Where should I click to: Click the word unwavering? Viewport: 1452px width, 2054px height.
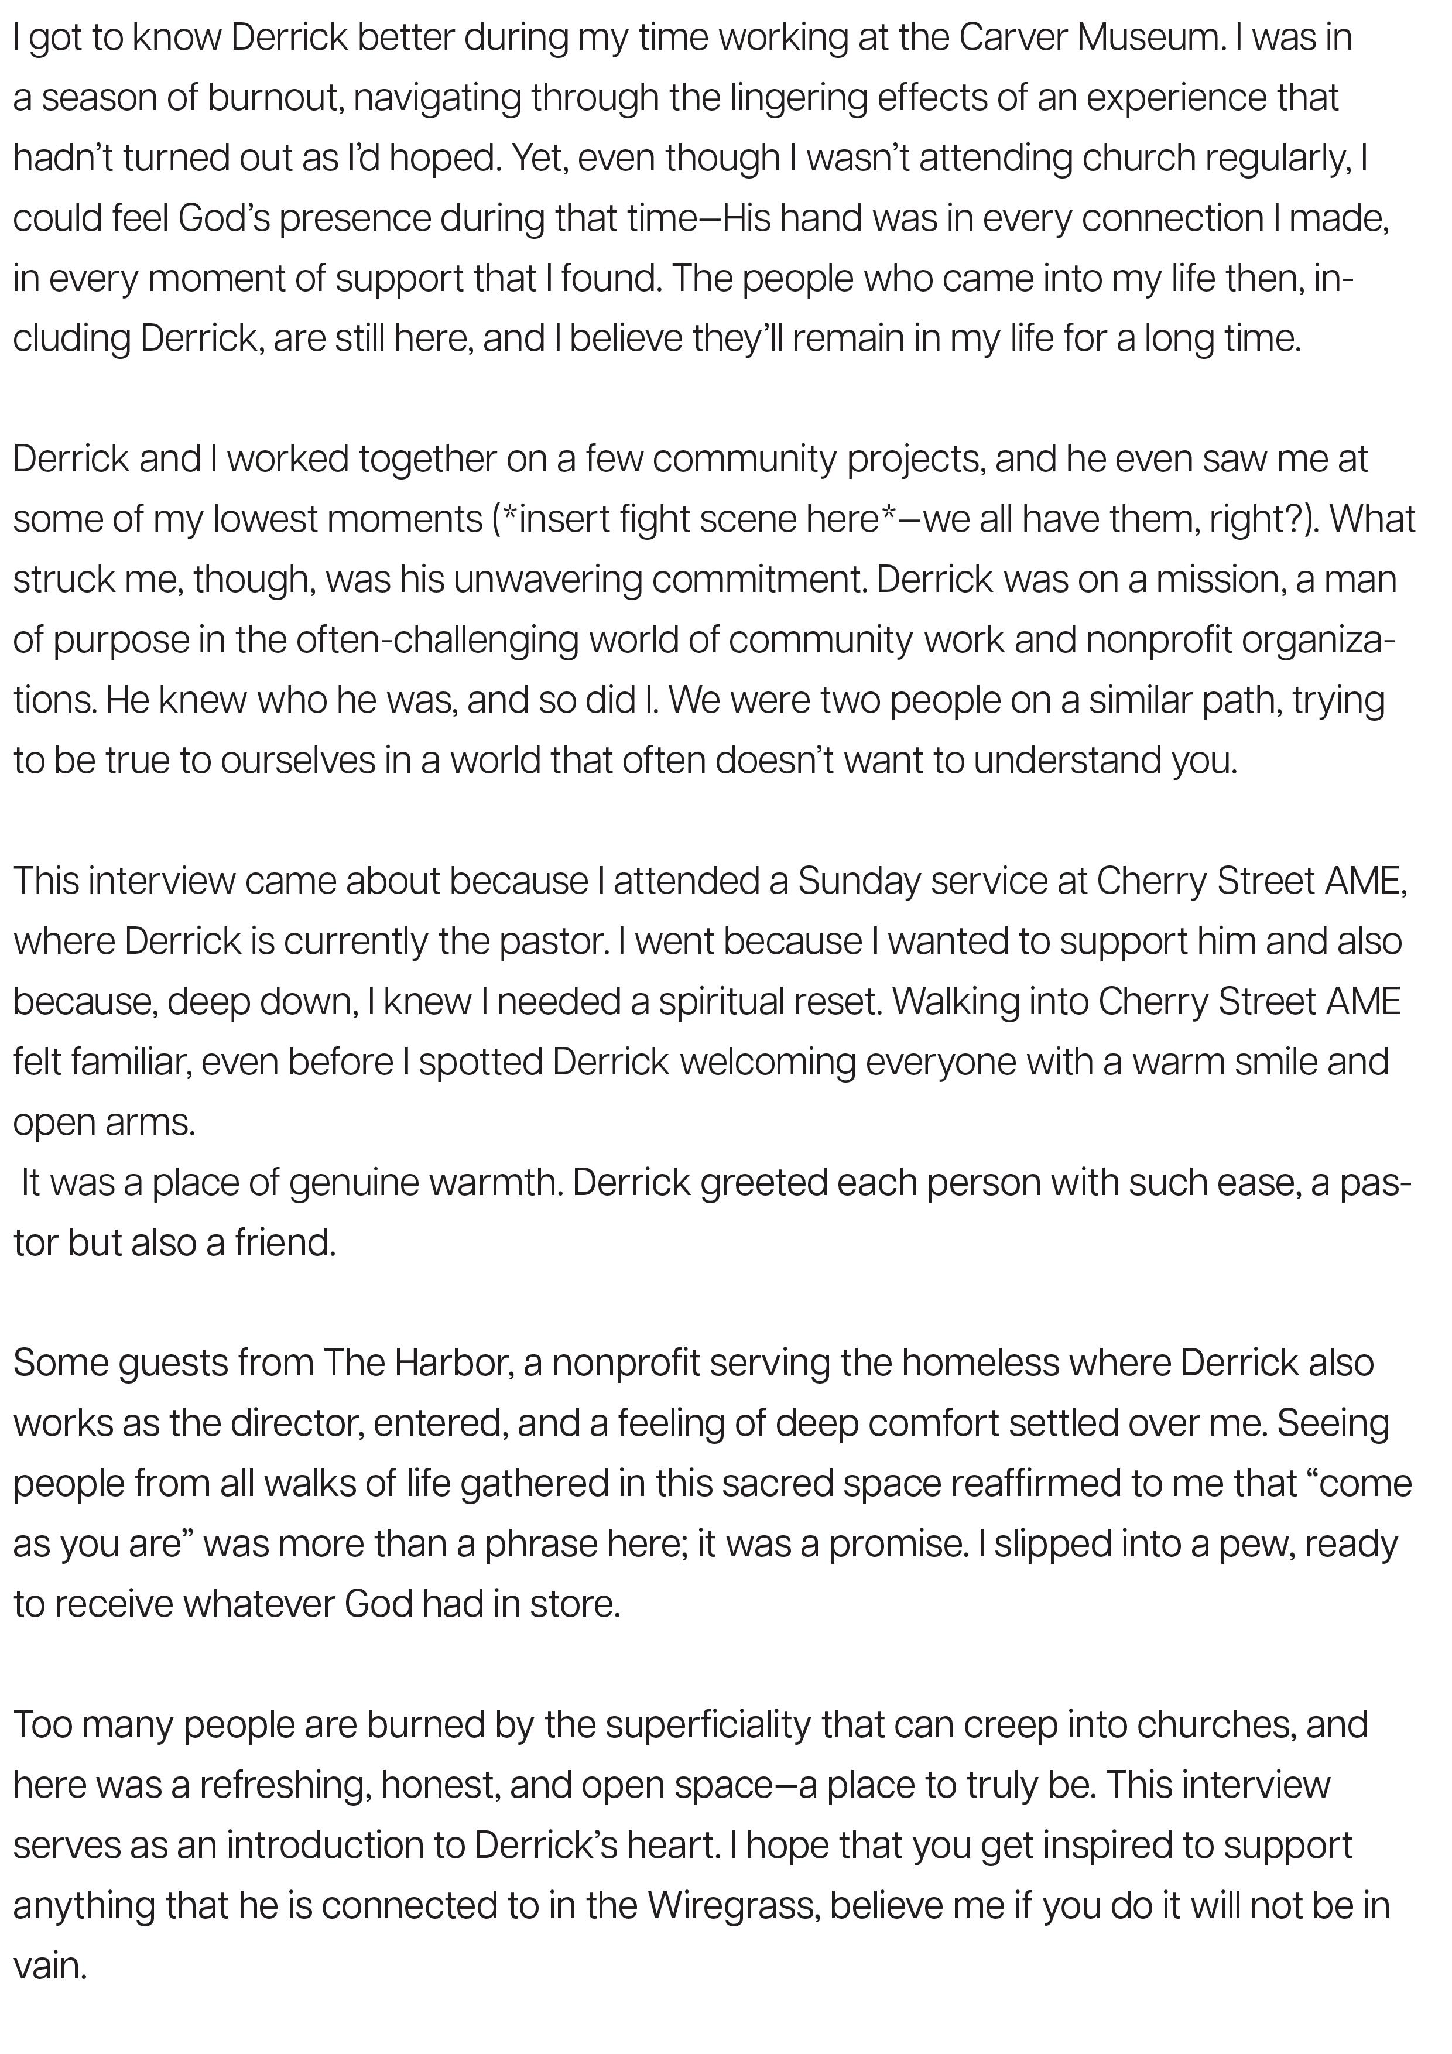(547, 580)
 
